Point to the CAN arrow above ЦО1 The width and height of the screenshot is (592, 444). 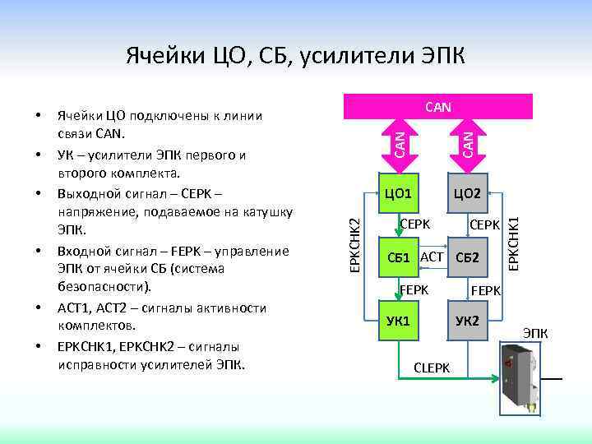(398, 141)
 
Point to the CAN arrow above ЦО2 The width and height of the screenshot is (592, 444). (466, 141)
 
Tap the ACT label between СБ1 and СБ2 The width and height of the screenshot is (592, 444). (432, 257)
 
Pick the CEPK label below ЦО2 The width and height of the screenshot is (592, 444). (485, 224)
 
